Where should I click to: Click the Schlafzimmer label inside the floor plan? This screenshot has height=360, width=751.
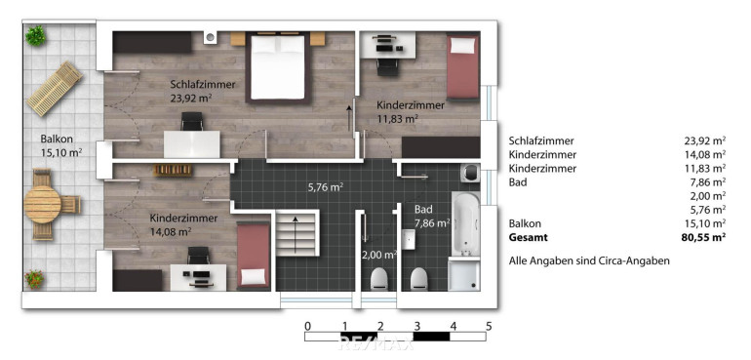(x=203, y=84)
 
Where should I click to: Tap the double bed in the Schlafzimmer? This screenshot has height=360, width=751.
(x=278, y=67)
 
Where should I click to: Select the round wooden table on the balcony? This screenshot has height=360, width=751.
(x=42, y=204)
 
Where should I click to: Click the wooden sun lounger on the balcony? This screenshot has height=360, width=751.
(x=55, y=88)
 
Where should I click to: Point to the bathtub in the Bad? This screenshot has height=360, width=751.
(x=465, y=222)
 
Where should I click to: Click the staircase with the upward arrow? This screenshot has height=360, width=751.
(x=296, y=235)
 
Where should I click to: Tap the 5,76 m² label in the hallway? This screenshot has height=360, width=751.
(x=326, y=187)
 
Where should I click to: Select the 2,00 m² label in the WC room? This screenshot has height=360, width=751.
(x=379, y=255)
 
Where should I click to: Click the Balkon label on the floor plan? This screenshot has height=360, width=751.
(x=57, y=140)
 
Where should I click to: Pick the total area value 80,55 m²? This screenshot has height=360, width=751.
(x=703, y=237)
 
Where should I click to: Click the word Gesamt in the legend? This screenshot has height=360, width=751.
(x=528, y=237)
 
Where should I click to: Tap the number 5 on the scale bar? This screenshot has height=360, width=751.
(x=489, y=326)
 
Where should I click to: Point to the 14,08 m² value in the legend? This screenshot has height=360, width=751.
(x=705, y=154)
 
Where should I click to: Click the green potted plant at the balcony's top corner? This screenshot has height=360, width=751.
(x=35, y=35)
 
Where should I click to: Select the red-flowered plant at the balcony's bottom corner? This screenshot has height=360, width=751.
(x=34, y=279)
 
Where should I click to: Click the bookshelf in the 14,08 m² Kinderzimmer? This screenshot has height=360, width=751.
(x=173, y=170)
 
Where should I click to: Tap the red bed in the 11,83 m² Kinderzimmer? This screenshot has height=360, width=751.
(x=463, y=66)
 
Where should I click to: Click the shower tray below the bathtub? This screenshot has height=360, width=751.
(x=464, y=274)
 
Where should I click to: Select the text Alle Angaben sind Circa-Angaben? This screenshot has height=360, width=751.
(x=589, y=261)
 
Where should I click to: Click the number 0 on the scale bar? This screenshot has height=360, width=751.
(x=307, y=326)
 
